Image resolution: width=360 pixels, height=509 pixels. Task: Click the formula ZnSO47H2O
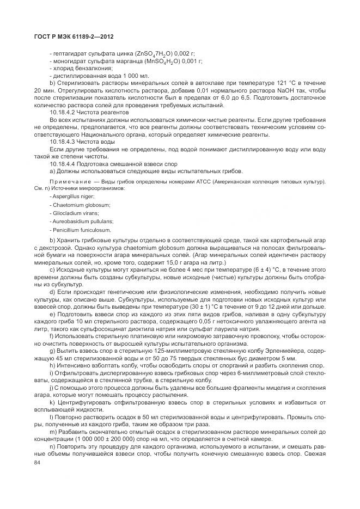point(144,53)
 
